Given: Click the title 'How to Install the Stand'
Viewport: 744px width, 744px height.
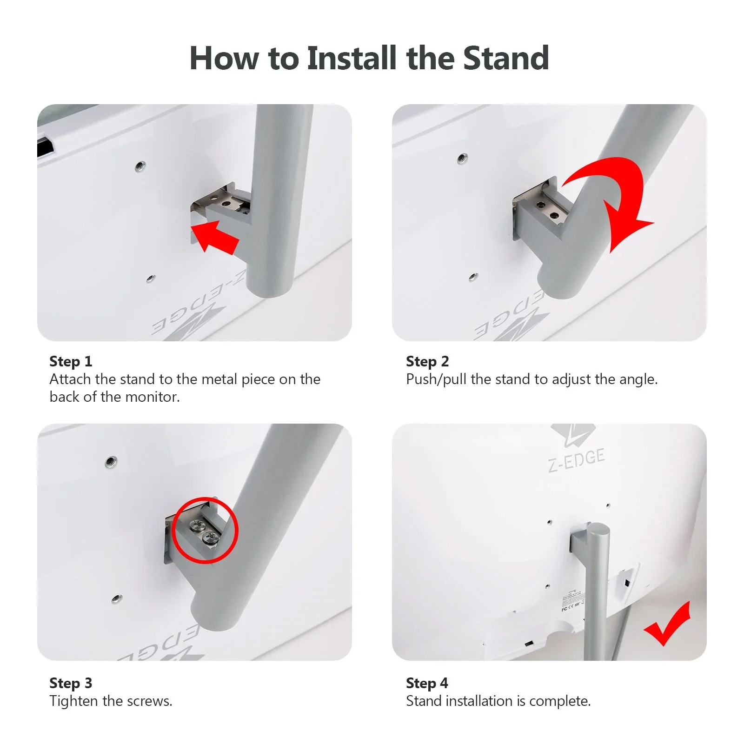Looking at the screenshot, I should (x=369, y=59).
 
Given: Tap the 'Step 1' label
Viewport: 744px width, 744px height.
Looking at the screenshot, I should (x=71, y=361).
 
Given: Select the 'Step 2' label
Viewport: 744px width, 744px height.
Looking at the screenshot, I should (x=427, y=361).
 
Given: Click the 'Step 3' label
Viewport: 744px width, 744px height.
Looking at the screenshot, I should (x=71, y=683).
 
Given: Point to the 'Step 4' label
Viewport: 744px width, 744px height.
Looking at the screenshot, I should (x=427, y=683).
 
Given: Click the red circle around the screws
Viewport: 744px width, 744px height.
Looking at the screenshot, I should (x=205, y=531).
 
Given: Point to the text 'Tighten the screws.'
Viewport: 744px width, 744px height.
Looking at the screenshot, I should (x=111, y=701).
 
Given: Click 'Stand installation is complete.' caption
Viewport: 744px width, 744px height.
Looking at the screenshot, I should (x=498, y=701).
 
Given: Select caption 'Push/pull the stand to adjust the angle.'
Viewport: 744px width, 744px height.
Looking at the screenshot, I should (x=531, y=379).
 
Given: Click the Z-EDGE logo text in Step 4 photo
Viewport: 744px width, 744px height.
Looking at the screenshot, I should (x=577, y=459).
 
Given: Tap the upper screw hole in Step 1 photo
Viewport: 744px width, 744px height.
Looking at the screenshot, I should (x=140, y=166).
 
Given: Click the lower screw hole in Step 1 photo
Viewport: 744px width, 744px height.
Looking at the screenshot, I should (x=150, y=279).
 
